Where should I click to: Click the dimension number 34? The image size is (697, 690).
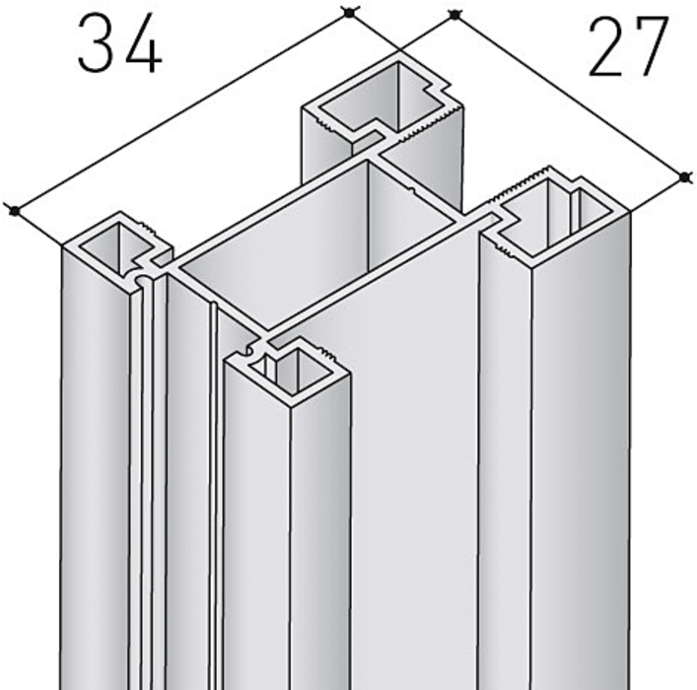(x=119, y=43)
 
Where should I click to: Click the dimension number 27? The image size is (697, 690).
(x=629, y=45)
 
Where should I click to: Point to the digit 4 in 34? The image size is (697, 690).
(x=143, y=43)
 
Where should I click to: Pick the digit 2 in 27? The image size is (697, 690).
(x=607, y=45)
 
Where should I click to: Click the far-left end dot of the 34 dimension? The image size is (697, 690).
(x=15, y=211)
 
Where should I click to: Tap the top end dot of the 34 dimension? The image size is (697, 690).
(x=350, y=14)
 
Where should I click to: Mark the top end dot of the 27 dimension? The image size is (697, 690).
(x=454, y=15)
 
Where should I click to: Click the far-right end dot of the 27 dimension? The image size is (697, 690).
(x=685, y=177)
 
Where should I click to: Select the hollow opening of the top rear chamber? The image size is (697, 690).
(x=383, y=100)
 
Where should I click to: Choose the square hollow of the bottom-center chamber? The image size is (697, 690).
(x=296, y=369)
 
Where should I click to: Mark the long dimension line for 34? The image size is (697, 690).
(x=182, y=112)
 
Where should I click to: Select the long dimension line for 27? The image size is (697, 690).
(x=570, y=97)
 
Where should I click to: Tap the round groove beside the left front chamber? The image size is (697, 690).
(x=140, y=281)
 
